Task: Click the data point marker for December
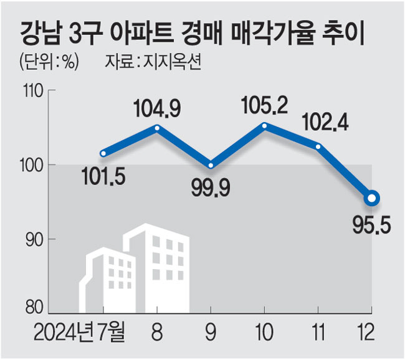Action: pos(372,198)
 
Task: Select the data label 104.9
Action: pos(157,108)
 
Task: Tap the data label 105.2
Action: pos(265,105)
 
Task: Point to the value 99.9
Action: pos(211,187)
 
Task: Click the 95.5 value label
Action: pos(372,225)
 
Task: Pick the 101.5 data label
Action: pos(103,176)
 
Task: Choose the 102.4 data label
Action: pos(325,122)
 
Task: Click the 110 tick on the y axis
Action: pos(32,91)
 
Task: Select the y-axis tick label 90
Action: pos(34,240)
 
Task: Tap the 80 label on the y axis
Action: pos(34,308)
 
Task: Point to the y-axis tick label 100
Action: pos(31,166)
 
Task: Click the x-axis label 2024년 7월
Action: pos(79,331)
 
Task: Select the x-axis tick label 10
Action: pos(264,333)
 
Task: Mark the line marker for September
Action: pos(211,165)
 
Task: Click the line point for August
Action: pos(157,128)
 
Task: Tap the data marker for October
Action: pos(264,126)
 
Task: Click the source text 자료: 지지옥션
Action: pos(153,62)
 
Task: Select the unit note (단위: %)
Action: pos(49,62)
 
